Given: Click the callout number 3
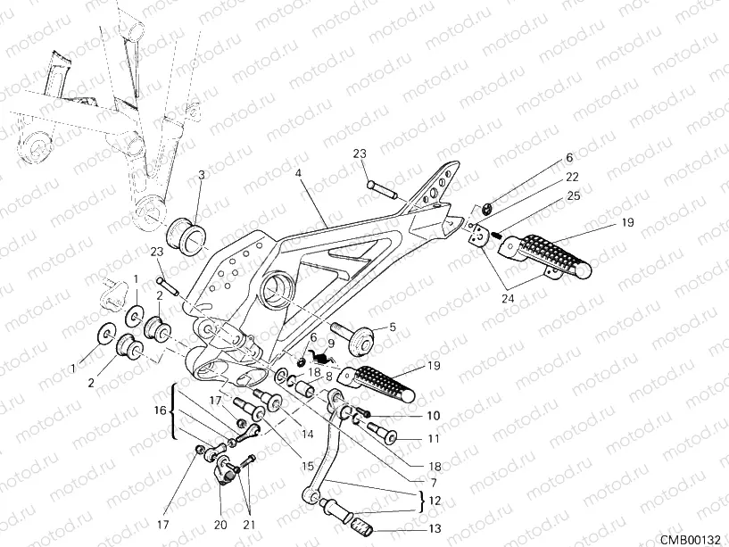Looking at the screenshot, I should [201, 175].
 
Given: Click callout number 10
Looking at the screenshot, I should [434, 417].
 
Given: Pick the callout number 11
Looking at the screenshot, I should [434, 439].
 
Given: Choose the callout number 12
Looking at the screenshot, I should [434, 501].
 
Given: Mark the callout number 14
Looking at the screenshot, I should [308, 435].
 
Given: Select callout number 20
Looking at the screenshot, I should [220, 525].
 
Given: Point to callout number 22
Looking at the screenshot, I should [572, 177].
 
